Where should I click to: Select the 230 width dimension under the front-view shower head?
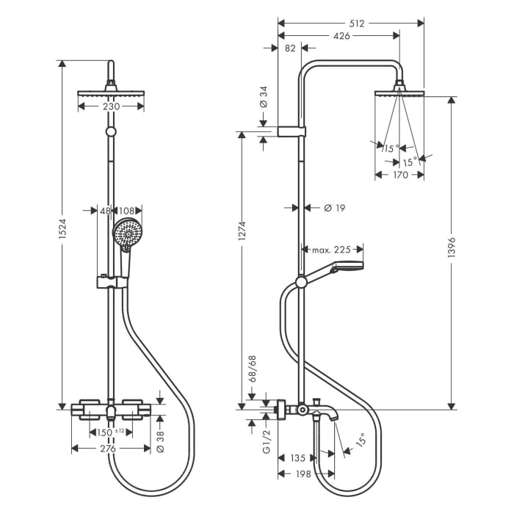[x=111, y=106]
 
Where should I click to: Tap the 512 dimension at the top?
[x=358, y=23]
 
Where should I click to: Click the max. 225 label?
[x=331, y=250]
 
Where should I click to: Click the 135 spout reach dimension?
[x=297, y=457]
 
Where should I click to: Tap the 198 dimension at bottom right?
[x=303, y=474]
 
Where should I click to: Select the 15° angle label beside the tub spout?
[x=360, y=441]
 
